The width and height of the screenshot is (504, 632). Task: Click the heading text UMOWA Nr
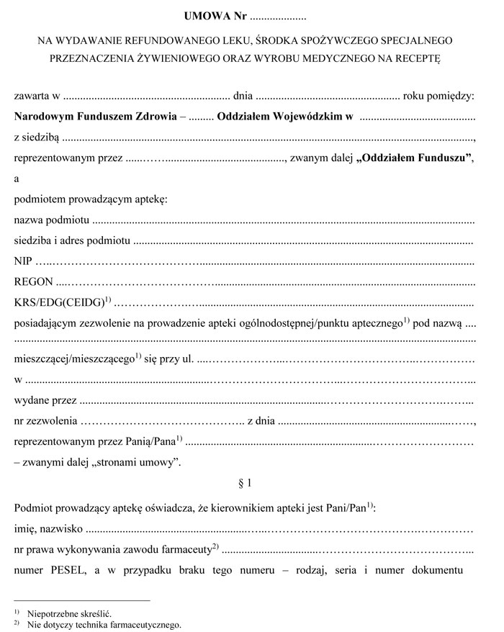click(215, 14)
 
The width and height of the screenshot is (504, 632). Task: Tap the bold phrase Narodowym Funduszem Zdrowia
click(95, 115)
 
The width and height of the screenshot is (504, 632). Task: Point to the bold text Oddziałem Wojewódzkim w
click(284, 115)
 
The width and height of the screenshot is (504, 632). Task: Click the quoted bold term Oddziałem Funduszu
click(414, 159)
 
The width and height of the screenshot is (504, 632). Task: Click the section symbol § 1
click(245, 483)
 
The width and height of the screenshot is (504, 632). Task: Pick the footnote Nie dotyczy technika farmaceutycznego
click(105, 624)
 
